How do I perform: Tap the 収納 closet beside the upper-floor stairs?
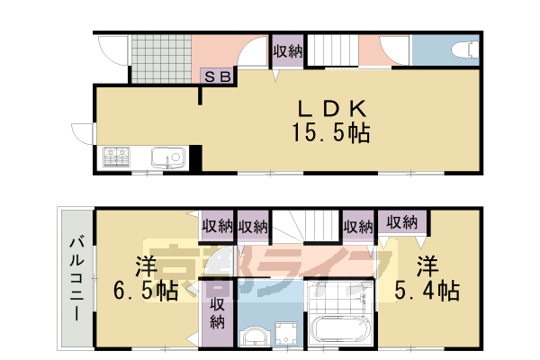(x=287, y=51)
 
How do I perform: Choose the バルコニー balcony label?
(x=74, y=279)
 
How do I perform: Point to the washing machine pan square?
(x=288, y=330)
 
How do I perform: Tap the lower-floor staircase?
(x=306, y=225)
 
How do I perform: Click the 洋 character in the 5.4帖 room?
(x=427, y=265)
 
